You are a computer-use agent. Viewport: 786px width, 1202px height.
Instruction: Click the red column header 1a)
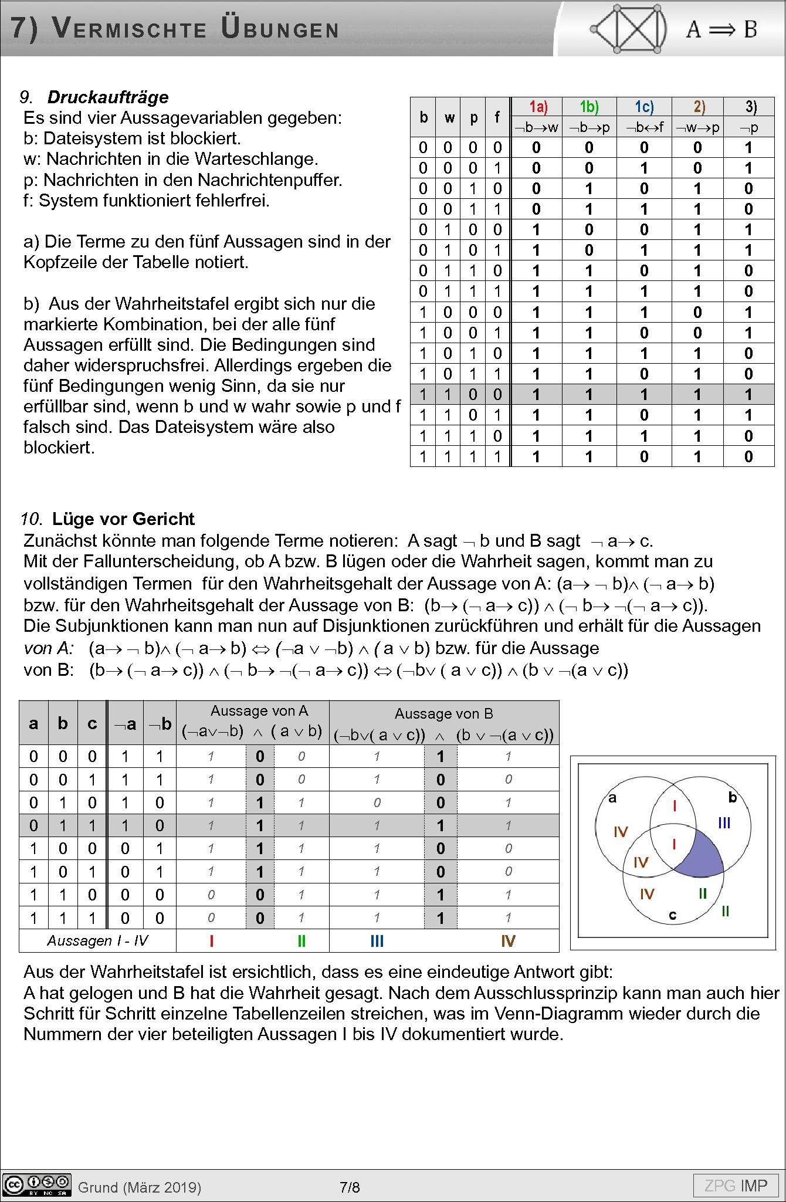click(538, 107)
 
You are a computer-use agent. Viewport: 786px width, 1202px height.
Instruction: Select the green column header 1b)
click(589, 107)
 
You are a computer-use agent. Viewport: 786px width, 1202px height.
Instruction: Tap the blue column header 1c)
click(644, 107)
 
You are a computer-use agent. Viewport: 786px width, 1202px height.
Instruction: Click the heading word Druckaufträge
click(108, 97)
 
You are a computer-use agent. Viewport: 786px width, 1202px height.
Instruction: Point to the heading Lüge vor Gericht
click(123, 519)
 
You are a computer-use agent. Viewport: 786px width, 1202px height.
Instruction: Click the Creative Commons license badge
click(36, 1184)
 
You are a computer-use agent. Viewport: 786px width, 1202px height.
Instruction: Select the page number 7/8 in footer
click(350, 1187)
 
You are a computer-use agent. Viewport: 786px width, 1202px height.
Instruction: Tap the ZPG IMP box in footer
click(736, 1186)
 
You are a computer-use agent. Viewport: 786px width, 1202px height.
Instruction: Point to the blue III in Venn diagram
click(724, 823)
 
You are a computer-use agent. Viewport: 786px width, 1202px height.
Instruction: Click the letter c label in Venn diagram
click(673, 915)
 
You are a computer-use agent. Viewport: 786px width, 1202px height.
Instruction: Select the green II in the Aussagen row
click(301, 941)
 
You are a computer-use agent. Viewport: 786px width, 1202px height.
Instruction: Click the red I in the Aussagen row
click(211, 941)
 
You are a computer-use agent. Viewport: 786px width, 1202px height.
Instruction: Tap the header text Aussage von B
click(443, 713)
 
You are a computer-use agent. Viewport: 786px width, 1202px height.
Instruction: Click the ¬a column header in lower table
click(126, 724)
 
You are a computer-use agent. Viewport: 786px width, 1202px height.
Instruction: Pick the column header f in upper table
click(497, 117)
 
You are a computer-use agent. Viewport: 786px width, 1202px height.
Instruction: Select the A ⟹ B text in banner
click(721, 29)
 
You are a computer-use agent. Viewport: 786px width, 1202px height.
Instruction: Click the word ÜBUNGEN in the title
click(280, 29)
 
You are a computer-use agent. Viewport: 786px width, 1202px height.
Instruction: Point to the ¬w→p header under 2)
click(697, 127)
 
